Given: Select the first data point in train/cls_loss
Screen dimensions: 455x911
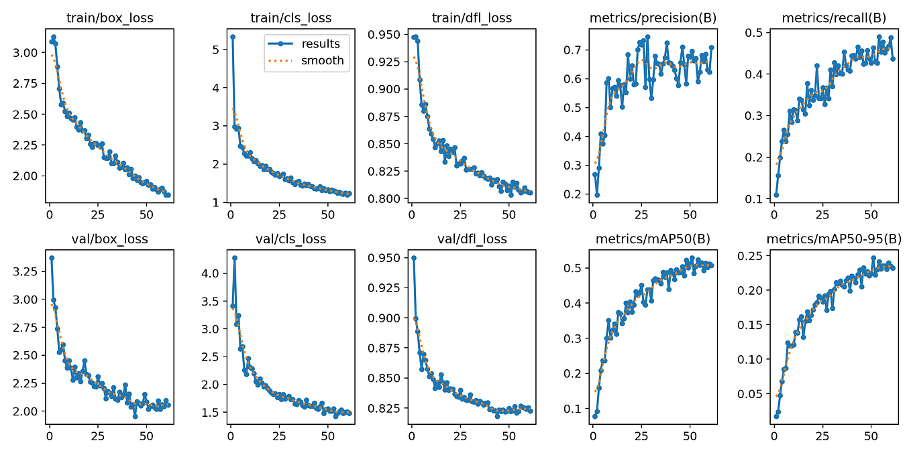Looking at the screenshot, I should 233,37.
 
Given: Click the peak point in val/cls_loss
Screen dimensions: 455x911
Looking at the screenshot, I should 235,257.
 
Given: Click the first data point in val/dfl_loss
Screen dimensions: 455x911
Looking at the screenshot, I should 413,257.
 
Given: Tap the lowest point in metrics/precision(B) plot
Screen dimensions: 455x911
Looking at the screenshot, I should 597,194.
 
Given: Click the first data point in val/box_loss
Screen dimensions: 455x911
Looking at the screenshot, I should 52,257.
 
